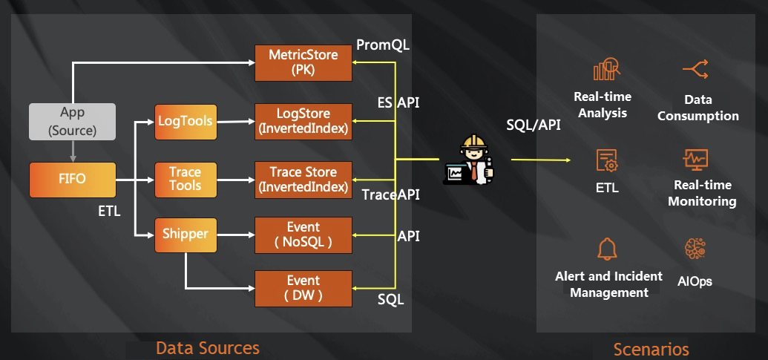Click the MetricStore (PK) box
(x=303, y=63)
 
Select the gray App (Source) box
(x=73, y=122)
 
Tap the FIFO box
(x=73, y=180)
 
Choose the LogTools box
(x=186, y=121)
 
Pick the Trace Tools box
(x=186, y=179)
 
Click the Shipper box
(x=186, y=235)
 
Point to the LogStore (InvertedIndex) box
(x=303, y=121)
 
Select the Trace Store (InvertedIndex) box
(x=303, y=180)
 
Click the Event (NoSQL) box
(x=303, y=235)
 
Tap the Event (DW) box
(x=303, y=289)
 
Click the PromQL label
(x=383, y=45)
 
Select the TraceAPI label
(x=390, y=195)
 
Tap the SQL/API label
(x=533, y=124)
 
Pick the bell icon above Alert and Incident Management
(x=607, y=249)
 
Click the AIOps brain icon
(x=695, y=250)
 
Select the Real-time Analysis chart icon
(x=605, y=70)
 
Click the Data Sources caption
(x=208, y=347)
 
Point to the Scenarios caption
(x=651, y=349)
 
